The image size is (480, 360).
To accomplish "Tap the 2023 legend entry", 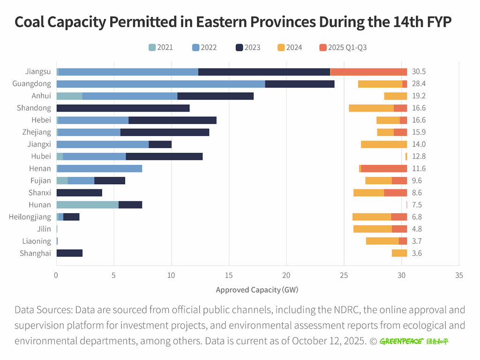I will tap(248, 47).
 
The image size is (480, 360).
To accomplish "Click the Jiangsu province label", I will tap(38, 72).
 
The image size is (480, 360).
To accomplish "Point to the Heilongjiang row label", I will tap(30, 217).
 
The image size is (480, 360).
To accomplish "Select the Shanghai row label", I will tap(35, 253).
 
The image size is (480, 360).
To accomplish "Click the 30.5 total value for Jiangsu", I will tap(419, 72).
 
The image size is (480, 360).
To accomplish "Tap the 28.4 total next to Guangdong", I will tap(419, 84).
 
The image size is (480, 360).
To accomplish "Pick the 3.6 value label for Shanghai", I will tap(417, 253).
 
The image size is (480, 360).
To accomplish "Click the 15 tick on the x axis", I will tap(229, 275).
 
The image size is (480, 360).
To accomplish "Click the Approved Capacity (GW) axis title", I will tap(257, 290).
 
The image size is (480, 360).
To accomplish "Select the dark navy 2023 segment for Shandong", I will tap(123, 108).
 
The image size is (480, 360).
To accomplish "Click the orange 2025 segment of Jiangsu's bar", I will tap(369, 72).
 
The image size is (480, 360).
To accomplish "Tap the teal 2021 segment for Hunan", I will tap(88, 204).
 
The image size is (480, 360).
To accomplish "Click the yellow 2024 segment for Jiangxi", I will tap(384, 144).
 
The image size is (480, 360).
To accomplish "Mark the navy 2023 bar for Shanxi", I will tap(79, 193).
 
